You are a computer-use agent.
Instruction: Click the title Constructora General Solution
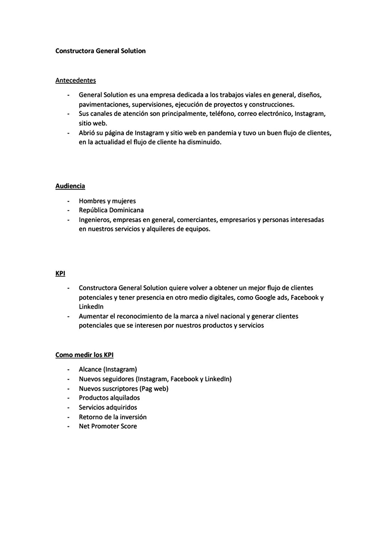(100, 51)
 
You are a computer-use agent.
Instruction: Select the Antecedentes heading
(75, 80)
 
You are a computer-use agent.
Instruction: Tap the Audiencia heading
(70, 186)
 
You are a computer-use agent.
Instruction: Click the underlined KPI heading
(60, 273)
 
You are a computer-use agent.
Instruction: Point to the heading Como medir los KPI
(84, 355)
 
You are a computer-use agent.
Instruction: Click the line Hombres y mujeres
(107, 201)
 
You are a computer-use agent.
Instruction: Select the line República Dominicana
(111, 210)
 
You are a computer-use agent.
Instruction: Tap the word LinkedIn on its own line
(91, 306)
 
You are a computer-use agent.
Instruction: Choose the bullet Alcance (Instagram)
(108, 369)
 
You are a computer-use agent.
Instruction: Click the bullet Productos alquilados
(109, 398)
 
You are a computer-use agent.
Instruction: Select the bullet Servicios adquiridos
(108, 407)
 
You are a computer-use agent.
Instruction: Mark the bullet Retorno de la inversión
(113, 417)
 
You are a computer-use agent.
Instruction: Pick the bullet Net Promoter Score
(108, 426)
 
